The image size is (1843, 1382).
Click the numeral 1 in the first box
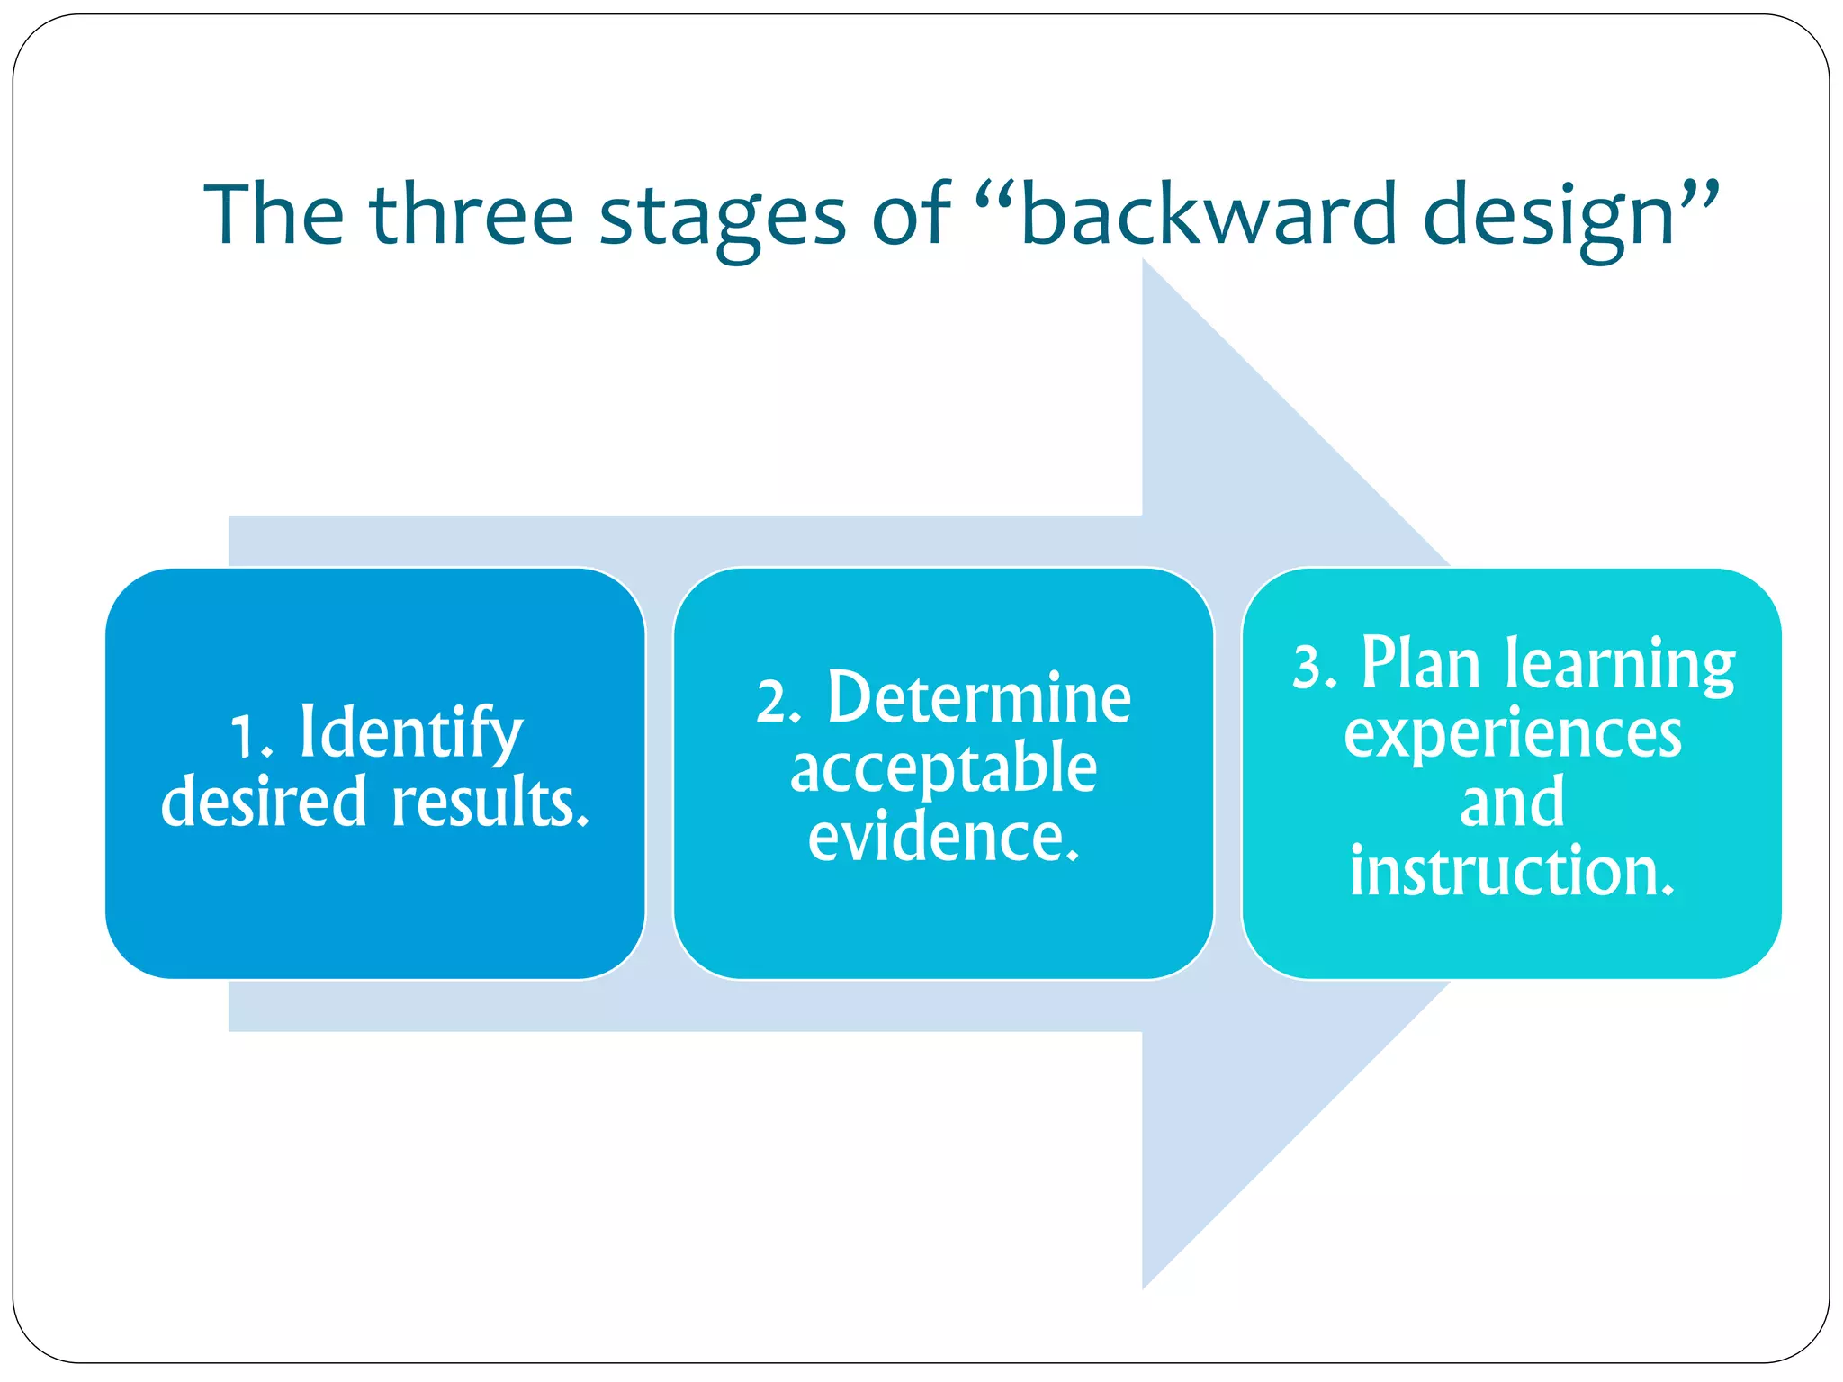pyautogui.click(x=244, y=737)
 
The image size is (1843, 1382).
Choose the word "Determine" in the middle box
pyautogui.click(x=978, y=699)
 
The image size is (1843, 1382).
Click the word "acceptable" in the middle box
pyautogui.click(x=943, y=770)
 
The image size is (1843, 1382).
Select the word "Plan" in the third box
pyautogui.click(x=1420, y=664)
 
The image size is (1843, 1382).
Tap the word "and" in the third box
pyautogui.click(x=1512, y=803)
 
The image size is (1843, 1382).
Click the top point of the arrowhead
pyautogui.click(x=1144, y=262)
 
